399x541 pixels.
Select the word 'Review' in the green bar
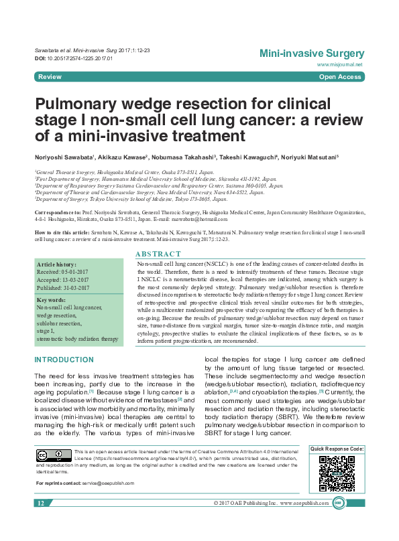50,78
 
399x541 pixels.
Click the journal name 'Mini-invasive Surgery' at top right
312,54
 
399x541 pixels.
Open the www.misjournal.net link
341,65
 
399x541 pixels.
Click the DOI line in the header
73,59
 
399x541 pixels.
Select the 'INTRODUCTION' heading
64,360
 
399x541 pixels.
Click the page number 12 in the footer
40,503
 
